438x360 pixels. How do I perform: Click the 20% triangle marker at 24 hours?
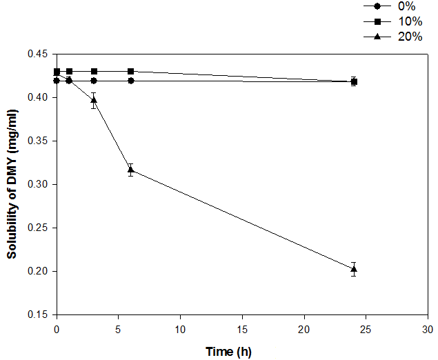354,269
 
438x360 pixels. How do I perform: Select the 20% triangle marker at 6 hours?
131,170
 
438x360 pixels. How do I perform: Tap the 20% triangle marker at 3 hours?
94,101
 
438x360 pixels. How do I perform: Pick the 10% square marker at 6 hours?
131,71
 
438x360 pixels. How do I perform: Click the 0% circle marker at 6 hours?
131,81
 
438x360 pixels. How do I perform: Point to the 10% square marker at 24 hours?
354,81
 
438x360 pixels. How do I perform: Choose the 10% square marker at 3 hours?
94,71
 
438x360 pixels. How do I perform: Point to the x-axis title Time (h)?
228,352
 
